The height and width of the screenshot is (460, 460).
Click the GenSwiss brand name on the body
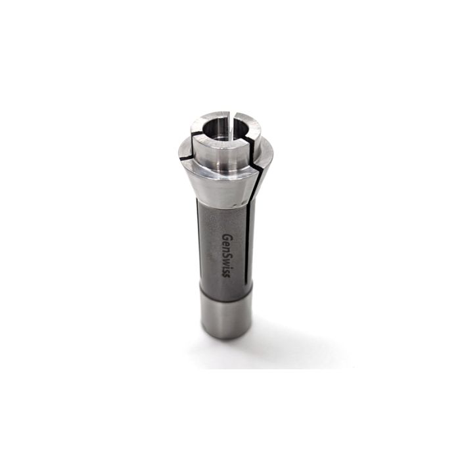click(x=227, y=255)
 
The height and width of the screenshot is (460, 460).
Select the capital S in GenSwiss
click(x=227, y=253)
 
